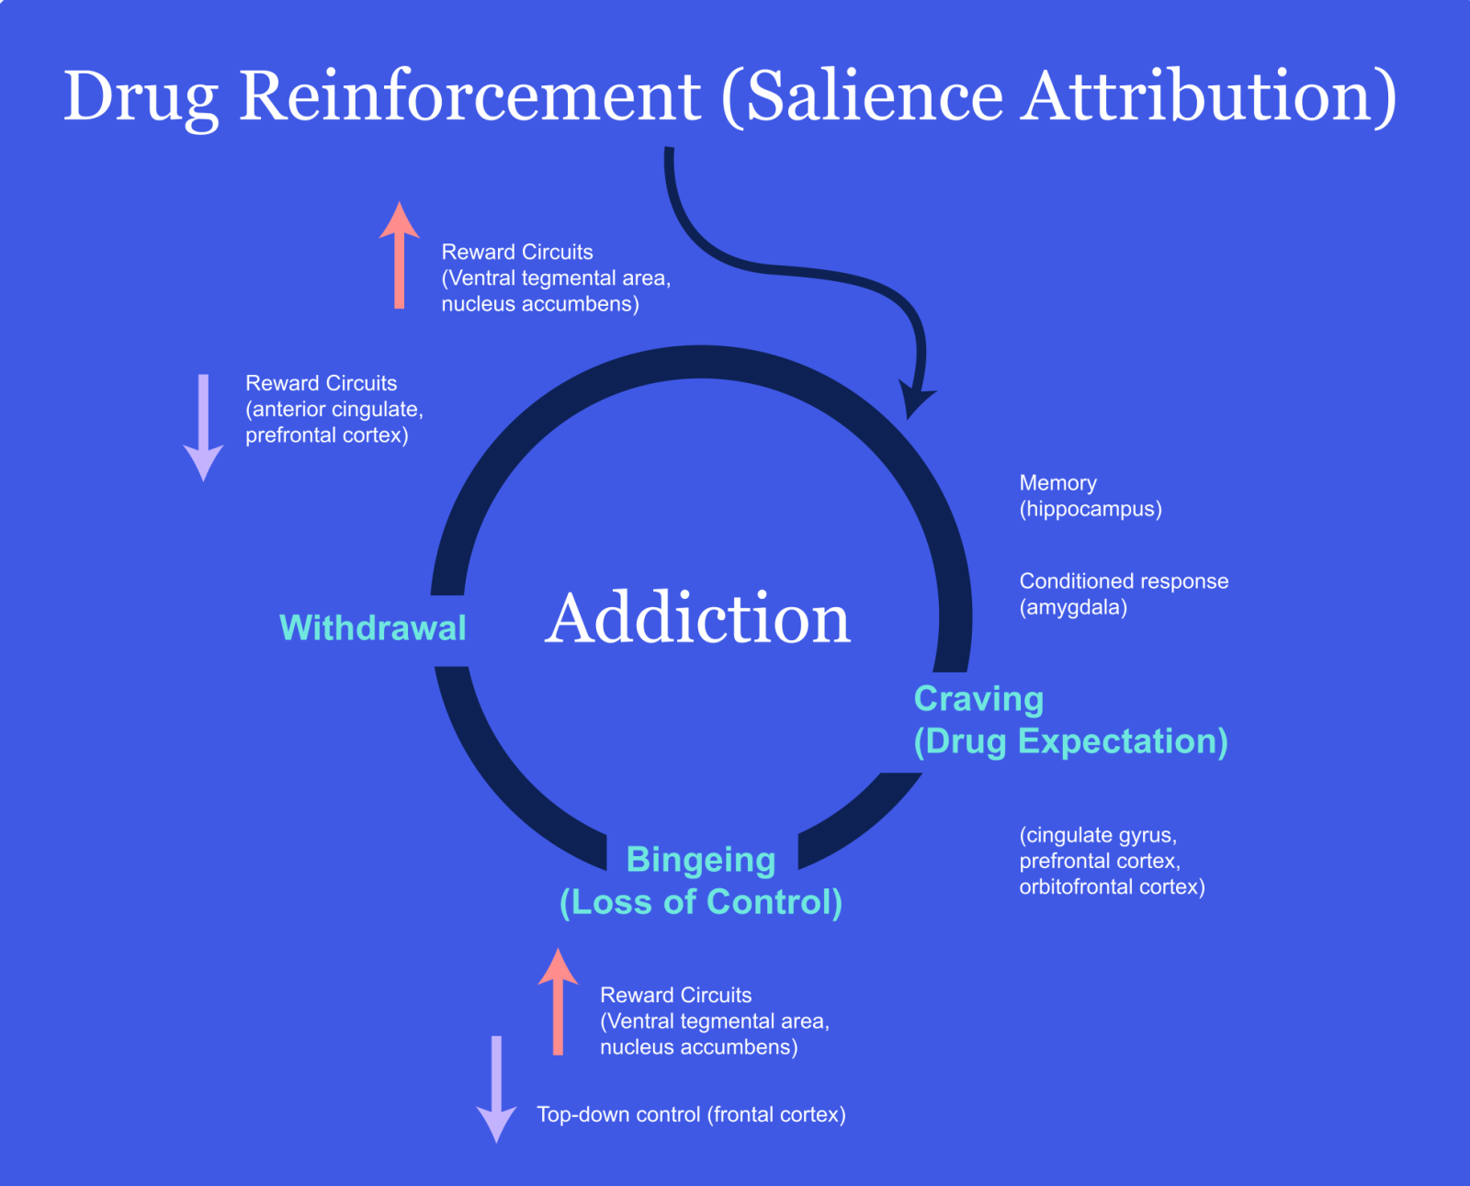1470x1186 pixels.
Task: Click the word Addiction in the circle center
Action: point(698,618)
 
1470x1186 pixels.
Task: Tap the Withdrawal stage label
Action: point(373,627)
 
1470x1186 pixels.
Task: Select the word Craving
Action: point(978,699)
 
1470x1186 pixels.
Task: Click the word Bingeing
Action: point(701,860)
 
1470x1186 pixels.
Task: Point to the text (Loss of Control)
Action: point(701,902)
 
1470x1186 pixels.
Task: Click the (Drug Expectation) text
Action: point(1070,741)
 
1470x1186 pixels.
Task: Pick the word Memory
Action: point(1057,483)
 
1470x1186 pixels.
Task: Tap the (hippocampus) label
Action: point(1091,509)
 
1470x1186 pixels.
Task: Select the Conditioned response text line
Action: point(1124,582)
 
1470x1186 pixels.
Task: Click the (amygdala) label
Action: point(1073,607)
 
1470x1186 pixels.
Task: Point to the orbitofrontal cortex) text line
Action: point(1112,887)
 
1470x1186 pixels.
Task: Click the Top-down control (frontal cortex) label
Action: point(691,1114)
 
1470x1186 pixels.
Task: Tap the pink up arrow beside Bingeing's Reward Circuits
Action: point(558,1001)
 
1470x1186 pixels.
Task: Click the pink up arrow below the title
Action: point(399,255)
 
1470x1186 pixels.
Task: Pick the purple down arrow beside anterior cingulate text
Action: point(203,427)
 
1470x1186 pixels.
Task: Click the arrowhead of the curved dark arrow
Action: point(915,401)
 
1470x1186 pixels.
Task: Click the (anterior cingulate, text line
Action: point(334,410)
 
